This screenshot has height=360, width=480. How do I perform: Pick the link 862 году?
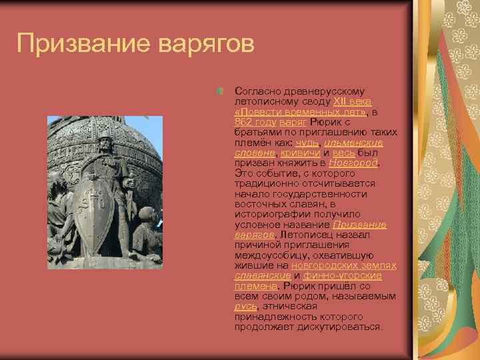[256, 122]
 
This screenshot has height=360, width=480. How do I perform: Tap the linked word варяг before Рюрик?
[294, 122]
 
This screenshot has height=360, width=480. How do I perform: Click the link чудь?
[307, 143]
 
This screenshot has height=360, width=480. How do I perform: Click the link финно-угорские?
[342, 275]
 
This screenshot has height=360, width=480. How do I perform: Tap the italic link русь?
[245, 306]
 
